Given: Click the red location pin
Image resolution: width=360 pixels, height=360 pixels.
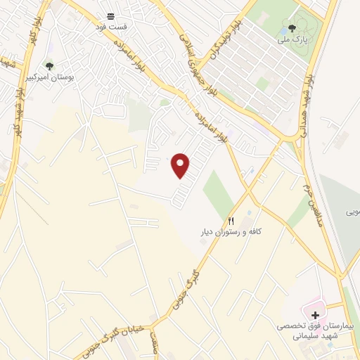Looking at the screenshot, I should click(x=181, y=165).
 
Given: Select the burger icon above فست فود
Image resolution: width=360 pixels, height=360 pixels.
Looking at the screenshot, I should click(x=110, y=15).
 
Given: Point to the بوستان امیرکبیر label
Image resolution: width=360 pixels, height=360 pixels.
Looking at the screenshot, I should click(x=50, y=76).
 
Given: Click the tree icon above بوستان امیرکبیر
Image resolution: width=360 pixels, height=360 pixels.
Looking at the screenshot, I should click(x=49, y=65).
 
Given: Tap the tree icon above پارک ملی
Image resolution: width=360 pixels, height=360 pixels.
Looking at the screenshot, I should click(x=291, y=28).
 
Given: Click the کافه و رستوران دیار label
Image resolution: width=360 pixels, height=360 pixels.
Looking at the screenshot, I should click(x=229, y=231).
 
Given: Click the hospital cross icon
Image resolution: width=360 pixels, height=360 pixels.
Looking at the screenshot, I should click(x=315, y=314).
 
